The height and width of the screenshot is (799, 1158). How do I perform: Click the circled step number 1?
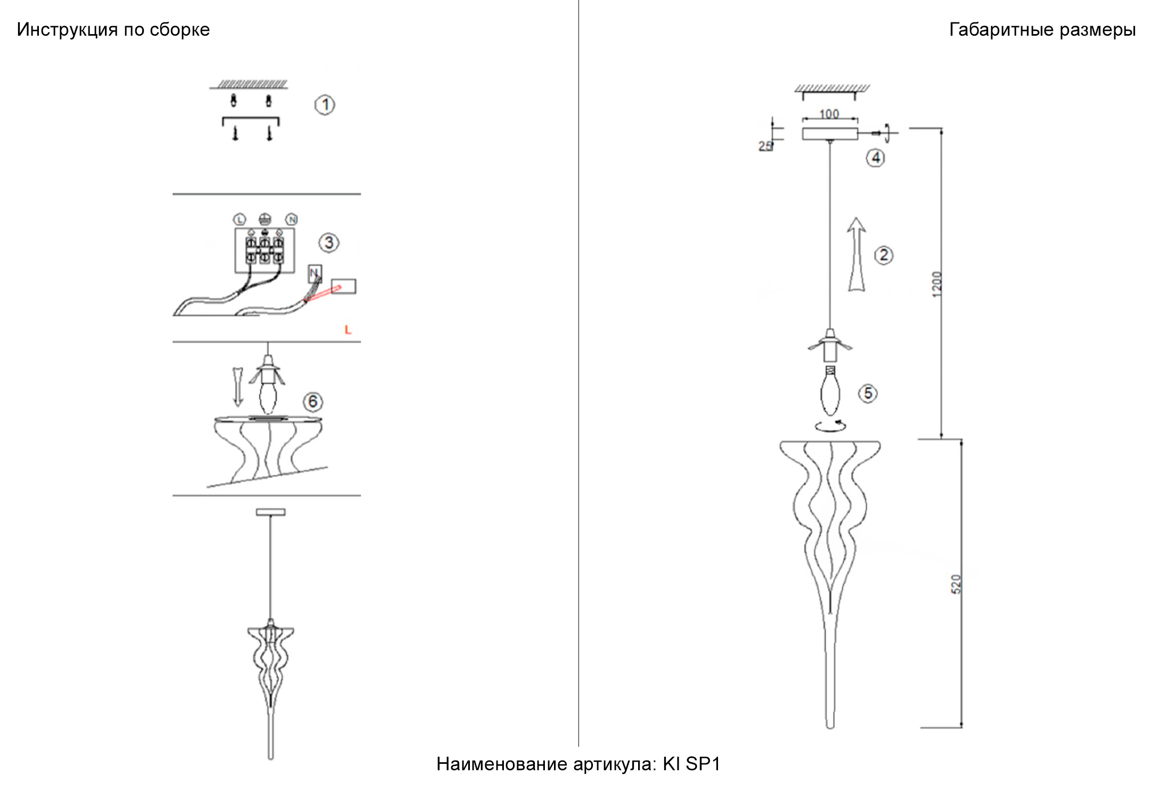click(x=325, y=104)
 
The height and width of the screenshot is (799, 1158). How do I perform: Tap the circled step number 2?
click(x=884, y=255)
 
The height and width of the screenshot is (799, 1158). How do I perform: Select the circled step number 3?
click(x=329, y=243)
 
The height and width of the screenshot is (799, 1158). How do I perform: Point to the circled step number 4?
click(x=876, y=158)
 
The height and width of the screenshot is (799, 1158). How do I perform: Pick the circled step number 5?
click(x=868, y=394)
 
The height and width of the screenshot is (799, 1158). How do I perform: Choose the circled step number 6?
click(x=313, y=402)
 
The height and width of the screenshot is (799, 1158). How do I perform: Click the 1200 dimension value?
click(x=937, y=285)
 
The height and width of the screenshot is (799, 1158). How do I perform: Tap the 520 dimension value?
click(x=956, y=584)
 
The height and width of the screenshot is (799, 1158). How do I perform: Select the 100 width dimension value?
click(x=829, y=114)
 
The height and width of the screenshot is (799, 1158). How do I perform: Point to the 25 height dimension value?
click(x=765, y=146)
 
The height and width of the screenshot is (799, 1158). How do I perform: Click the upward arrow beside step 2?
click(x=856, y=254)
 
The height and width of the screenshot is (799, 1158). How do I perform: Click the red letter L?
click(x=348, y=330)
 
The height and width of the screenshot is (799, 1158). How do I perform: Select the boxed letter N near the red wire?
click(x=314, y=273)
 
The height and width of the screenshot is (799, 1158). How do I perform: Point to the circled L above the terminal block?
click(x=239, y=219)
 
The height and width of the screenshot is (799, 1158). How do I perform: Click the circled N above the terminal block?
click(x=291, y=219)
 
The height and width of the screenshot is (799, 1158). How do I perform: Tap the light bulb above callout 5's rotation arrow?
click(x=830, y=392)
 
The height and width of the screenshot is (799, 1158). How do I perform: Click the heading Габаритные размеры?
click(x=1042, y=30)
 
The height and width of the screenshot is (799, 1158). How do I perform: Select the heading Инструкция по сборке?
click(x=113, y=30)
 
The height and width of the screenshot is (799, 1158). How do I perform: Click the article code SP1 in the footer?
click(x=703, y=764)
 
